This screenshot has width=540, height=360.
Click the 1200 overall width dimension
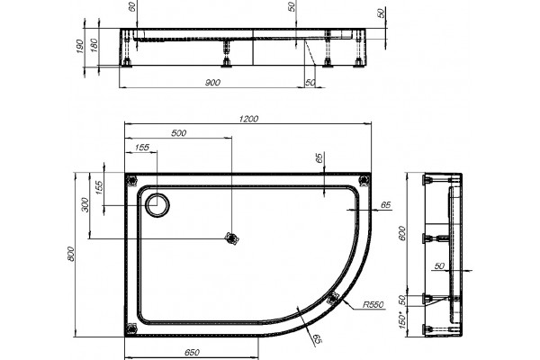[248, 119]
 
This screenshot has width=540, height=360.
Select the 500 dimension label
[179, 133]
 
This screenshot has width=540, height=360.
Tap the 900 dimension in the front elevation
[212, 83]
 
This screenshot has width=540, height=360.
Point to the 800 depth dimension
[71, 254]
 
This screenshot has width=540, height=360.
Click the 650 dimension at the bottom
[192, 353]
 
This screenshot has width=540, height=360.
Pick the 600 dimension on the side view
[401, 234]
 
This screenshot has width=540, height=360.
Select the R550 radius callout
[373, 305]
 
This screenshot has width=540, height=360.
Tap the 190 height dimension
[79, 46]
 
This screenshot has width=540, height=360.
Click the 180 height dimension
[94, 45]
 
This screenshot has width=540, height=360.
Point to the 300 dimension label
[85, 205]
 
